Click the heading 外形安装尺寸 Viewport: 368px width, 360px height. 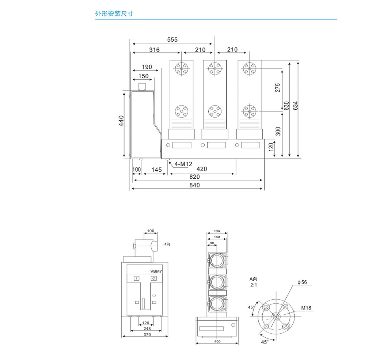114,14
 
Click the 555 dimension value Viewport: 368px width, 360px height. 172,39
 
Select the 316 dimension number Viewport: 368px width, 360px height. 154,50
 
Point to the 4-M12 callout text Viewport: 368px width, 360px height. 183,164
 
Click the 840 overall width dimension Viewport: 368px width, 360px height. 195,185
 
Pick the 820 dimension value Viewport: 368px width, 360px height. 195,177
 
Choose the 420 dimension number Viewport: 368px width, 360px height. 201,169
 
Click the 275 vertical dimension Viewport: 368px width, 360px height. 278,87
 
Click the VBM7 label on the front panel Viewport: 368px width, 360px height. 156,272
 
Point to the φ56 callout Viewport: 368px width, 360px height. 302,282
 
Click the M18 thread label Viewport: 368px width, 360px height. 306,308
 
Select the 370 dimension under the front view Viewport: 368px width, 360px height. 147,334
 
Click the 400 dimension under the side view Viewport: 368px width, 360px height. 217,341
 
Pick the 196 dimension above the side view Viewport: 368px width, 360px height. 217,231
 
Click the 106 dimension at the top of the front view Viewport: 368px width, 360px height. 150,231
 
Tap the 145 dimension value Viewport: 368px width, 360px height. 156,169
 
